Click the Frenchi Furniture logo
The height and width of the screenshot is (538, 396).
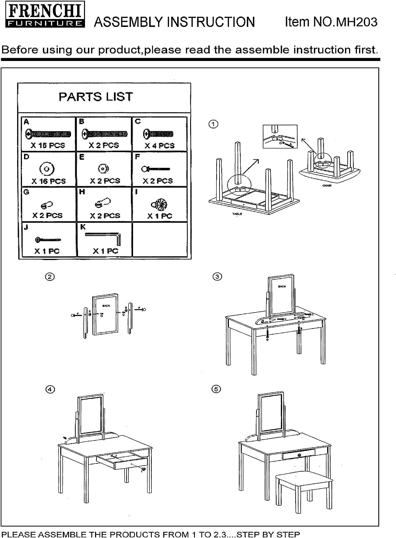coord(45,16)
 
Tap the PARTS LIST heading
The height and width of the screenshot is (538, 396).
coord(96,97)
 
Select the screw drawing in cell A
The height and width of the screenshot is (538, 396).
coord(48,134)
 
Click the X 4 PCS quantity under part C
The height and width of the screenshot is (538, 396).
coord(159,146)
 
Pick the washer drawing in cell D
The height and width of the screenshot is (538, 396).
coord(47,169)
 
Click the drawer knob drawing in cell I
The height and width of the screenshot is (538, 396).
coord(160,205)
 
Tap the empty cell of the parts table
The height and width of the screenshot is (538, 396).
coord(160,239)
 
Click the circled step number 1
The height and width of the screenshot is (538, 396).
coord(213,124)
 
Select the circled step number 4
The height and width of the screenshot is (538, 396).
coord(50,389)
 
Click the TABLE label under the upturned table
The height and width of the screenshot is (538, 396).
coord(237,214)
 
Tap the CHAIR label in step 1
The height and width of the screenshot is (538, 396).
coord(327,186)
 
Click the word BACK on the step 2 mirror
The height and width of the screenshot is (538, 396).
coord(106,306)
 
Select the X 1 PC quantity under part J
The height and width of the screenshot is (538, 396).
coord(47,251)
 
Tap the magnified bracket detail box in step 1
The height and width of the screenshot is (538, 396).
coord(280,137)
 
